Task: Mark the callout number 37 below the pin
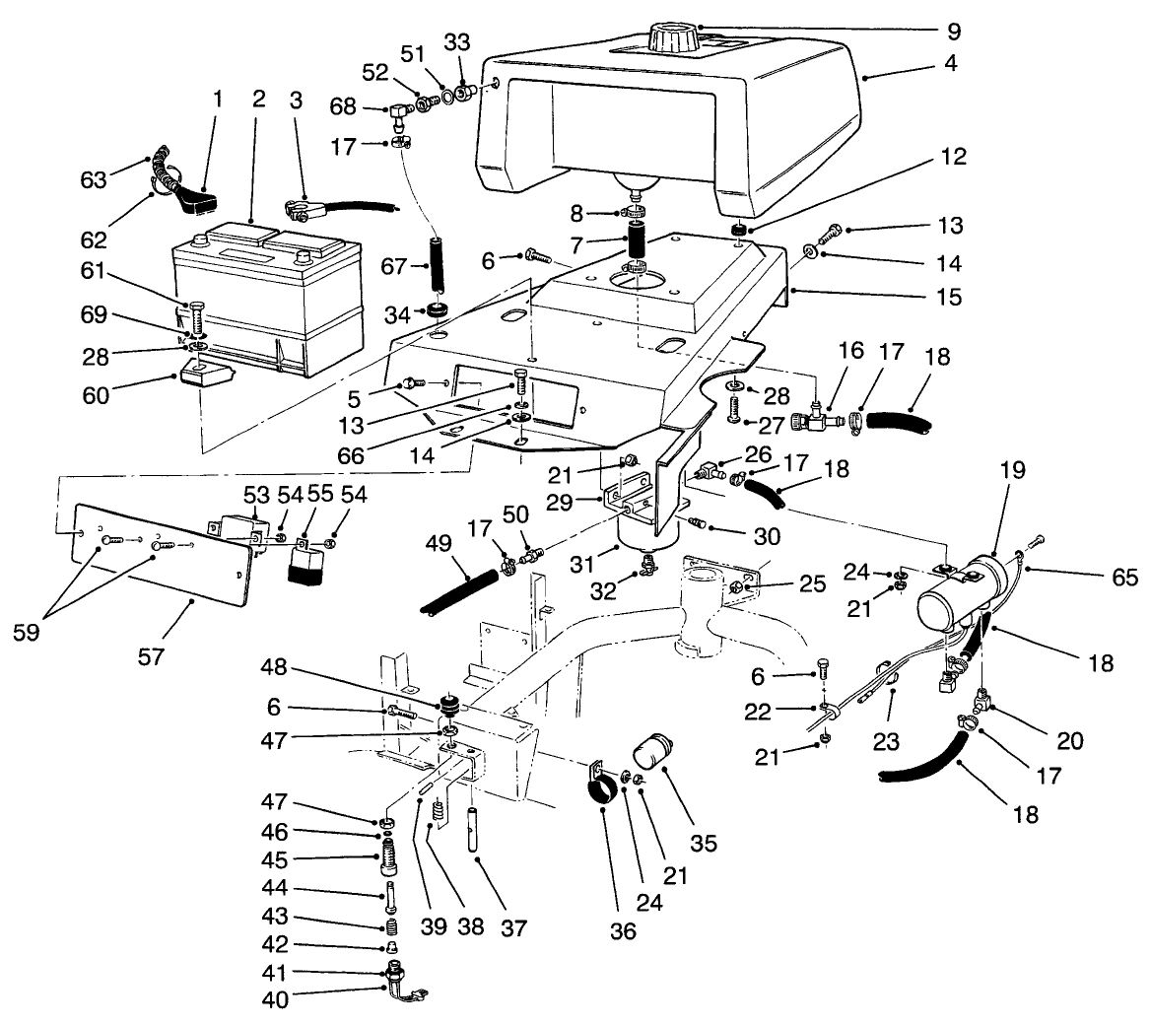tap(513, 928)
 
